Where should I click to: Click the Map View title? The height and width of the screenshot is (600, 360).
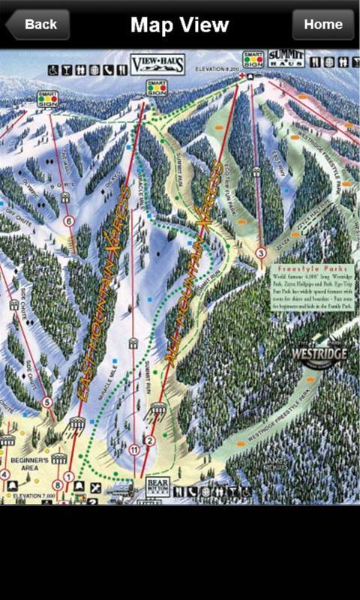tap(179, 25)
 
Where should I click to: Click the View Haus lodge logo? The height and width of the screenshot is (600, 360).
tap(157, 64)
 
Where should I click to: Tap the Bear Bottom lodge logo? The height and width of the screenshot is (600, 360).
tap(157, 487)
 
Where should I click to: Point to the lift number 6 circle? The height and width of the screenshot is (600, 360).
tap(69, 221)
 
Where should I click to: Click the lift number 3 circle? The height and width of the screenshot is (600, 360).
tap(260, 253)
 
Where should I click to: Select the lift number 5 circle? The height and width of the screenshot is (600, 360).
tap(48, 403)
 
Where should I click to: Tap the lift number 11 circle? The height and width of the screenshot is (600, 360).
tap(134, 450)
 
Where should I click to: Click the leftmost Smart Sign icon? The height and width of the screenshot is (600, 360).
tap(46, 99)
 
